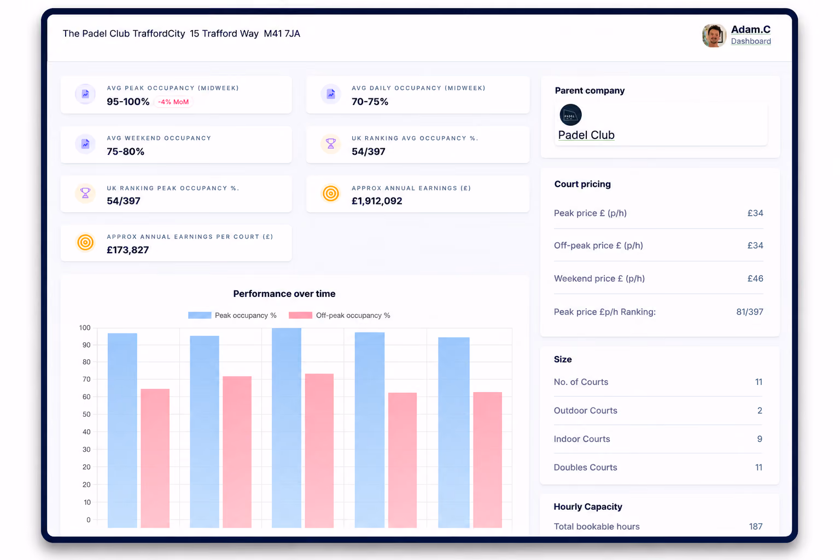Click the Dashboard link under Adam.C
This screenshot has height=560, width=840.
pos(751,41)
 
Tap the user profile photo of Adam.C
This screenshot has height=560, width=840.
pos(714,36)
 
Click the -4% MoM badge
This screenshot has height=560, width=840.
pos(173,102)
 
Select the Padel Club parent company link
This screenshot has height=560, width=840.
pos(586,135)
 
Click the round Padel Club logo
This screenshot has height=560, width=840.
pos(570,115)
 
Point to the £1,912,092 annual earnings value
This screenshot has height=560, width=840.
pos(376,201)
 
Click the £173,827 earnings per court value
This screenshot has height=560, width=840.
pos(127,250)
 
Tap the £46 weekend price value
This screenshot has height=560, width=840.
pos(755,278)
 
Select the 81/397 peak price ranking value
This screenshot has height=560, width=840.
pos(750,312)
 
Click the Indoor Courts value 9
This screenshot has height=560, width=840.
pos(760,439)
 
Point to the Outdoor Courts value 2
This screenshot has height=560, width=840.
pos(760,410)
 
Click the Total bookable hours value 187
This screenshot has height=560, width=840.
pos(756,526)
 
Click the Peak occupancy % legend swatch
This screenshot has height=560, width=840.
pos(200,315)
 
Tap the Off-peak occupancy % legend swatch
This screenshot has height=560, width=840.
pos(300,315)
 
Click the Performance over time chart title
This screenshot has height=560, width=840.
pos(284,294)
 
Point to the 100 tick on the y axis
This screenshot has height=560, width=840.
pos(85,328)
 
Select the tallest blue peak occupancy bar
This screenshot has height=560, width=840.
pos(287,428)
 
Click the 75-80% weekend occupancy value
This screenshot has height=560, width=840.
pos(125,151)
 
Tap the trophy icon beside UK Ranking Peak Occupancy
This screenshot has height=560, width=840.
pos(85,193)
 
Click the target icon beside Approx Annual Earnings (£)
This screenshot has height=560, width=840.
pos(331,194)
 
